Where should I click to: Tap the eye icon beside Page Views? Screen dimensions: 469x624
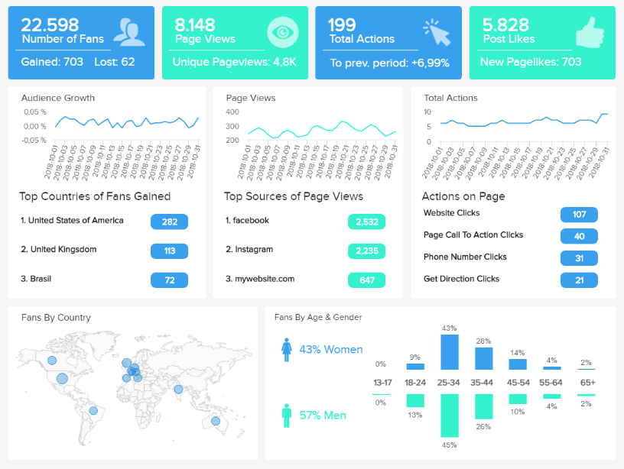pyautogui.click(x=282, y=32)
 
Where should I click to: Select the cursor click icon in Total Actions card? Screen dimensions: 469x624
pyautogui.click(x=437, y=33)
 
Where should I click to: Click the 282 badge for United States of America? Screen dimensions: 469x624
pyautogui.click(x=169, y=222)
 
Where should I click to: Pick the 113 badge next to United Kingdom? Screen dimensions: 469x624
pyautogui.click(x=169, y=251)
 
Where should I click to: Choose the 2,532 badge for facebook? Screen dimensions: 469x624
pyautogui.click(x=366, y=222)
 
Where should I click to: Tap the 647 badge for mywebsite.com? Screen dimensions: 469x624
pyautogui.click(x=366, y=280)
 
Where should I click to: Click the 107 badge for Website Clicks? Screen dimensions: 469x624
pyautogui.click(x=579, y=214)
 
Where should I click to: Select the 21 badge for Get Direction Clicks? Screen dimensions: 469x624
pyautogui.click(x=579, y=280)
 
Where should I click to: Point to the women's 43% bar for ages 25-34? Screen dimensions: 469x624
pyautogui.click(x=450, y=352)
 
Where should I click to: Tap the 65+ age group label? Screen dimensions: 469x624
pyautogui.click(x=587, y=382)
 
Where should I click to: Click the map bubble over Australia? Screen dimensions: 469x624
pyautogui.click(x=216, y=421)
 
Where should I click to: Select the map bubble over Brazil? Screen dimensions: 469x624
pyautogui.click(x=93, y=410)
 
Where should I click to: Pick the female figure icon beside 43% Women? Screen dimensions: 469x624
pyautogui.click(x=288, y=350)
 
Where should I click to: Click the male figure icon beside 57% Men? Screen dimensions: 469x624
pyautogui.click(x=288, y=416)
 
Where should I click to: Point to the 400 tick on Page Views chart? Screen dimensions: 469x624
pyautogui.click(x=233, y=112)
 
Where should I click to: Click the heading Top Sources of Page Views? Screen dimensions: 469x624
pyautogui.click(x=294, y=196)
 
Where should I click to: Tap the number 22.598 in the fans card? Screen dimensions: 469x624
pyautogui.click(x=50, y=24)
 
